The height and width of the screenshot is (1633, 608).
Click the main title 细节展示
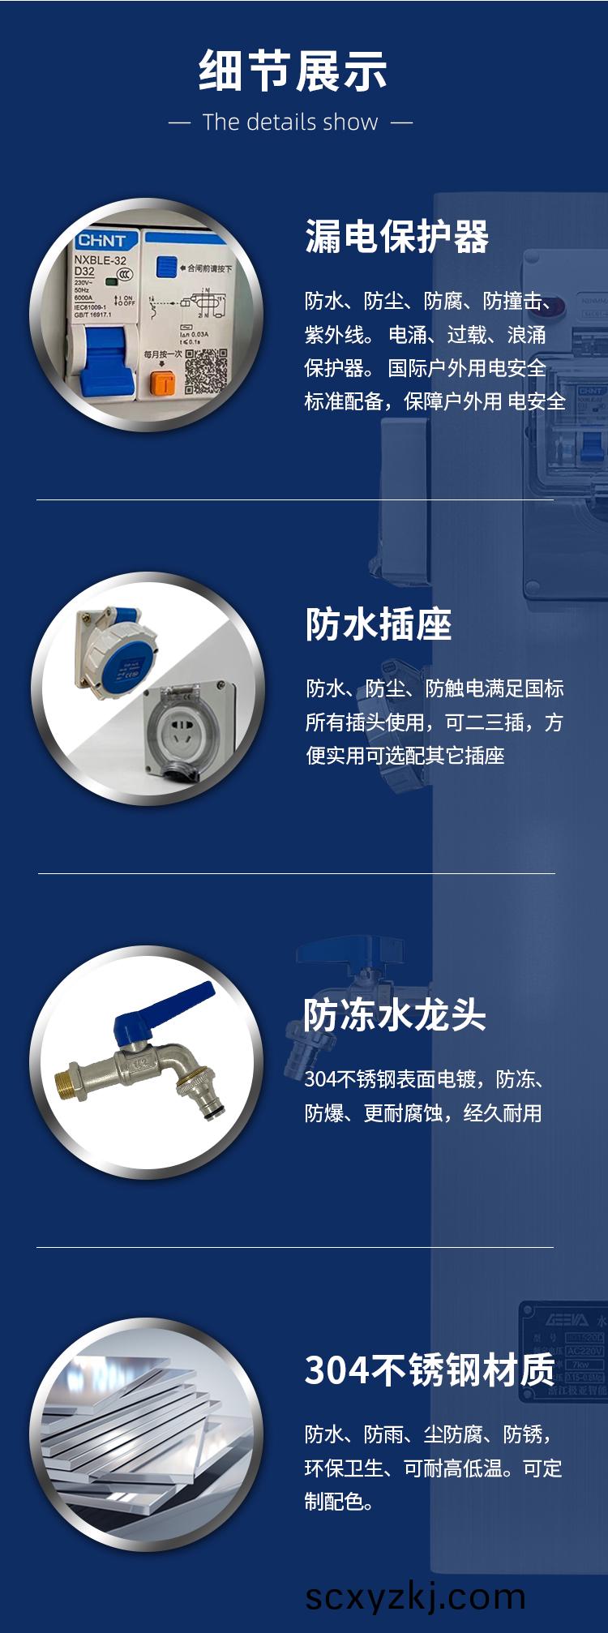point(293,71)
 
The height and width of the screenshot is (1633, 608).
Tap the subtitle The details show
point(290,122)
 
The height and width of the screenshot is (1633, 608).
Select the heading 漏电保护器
point(396,238)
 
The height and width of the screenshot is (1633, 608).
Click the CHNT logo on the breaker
point(101,241)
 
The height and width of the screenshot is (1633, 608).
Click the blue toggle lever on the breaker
point(102,361)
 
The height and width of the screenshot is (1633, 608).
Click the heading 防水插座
point(378,624)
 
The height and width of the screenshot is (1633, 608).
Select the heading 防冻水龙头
point(394,1014)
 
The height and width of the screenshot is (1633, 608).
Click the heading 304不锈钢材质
point(430,1370)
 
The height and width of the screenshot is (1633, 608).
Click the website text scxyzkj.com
point(415,1596)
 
